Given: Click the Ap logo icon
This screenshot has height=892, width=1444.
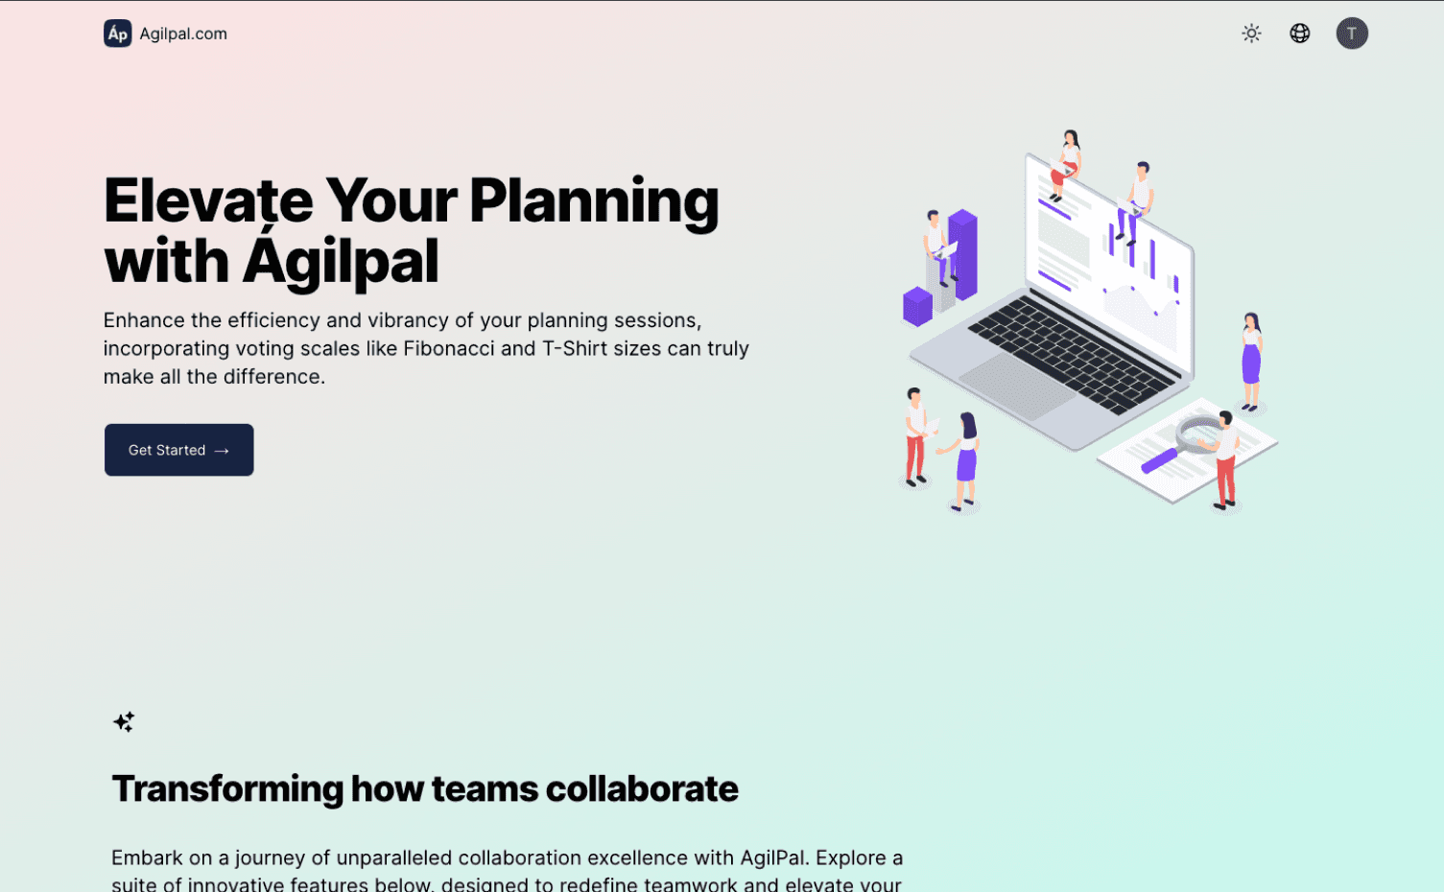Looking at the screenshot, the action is pyautogui.click(x=117, y=34).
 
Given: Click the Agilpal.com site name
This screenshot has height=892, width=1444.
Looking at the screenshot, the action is pyautogui.click(x=183, y=34).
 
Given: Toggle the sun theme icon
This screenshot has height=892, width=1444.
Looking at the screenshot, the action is pyautogui.click(x=1251, y=33).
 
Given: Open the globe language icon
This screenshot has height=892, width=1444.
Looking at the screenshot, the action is pyautogui.click(x=1299, y=33).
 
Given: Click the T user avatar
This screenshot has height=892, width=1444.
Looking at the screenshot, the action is pyautogui.click(x=1352, y=33).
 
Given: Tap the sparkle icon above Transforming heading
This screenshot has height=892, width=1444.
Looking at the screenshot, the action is pyautogui.click(x=124, y=722).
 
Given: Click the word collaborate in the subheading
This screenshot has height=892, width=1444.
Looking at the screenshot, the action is pyautogui.click(x=642, y=788).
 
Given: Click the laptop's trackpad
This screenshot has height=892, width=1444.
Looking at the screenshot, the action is pyautogui.click(x=1017, y=387).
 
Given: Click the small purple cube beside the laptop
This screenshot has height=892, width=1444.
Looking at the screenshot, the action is pyautogui.click(x=917, y=306).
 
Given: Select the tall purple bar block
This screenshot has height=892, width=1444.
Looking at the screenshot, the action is pyautogui.click(x=962, y=254).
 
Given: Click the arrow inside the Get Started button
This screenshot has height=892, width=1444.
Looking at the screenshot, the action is pyautogui.click(x=222, y=451).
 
